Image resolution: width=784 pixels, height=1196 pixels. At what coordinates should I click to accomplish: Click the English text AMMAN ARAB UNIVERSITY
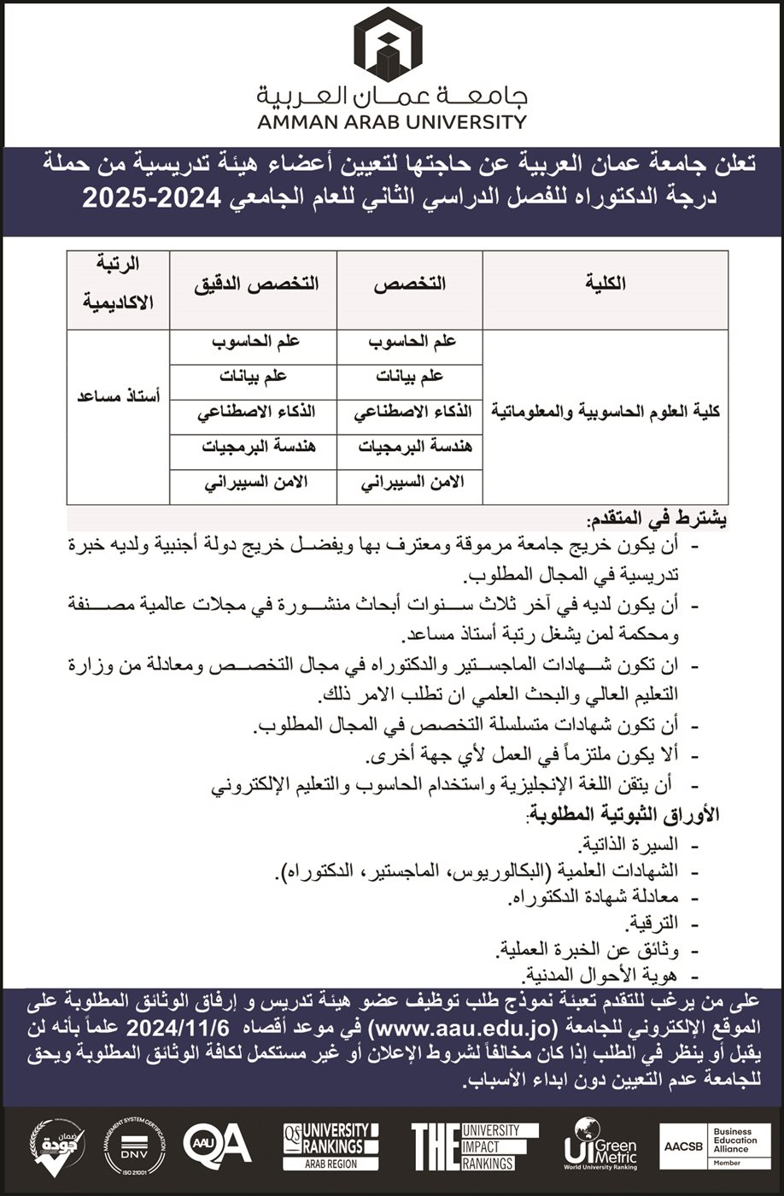click(392, 121)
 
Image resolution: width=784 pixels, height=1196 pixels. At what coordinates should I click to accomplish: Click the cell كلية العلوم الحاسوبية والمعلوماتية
click(606, 411)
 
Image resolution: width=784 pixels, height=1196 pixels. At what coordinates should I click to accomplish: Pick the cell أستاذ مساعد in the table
click(119, 397)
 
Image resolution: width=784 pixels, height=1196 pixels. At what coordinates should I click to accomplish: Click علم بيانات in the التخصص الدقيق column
click(253, 376)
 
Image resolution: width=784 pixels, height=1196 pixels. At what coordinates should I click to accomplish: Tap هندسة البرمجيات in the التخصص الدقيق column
click(253, 447)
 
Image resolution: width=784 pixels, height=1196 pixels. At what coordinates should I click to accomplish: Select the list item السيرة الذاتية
click(631, 847)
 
